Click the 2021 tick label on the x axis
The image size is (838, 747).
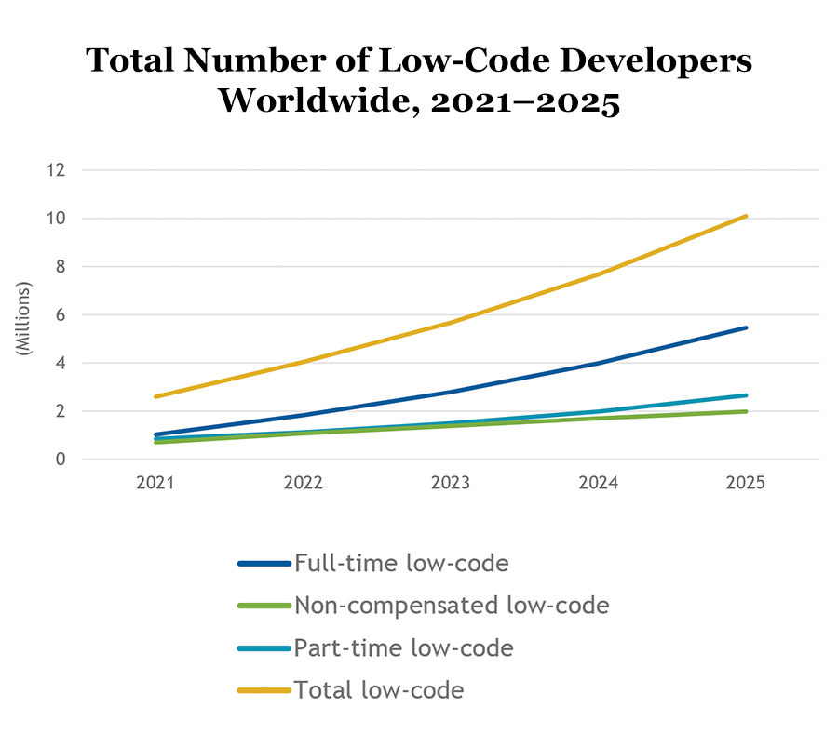[x=155, y=485]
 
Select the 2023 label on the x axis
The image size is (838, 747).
[x=451, y=485]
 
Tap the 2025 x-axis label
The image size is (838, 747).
[x=746, y=485]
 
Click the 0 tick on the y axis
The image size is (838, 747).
[x=61, y=459]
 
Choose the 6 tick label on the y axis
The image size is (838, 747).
[x=61, y=314]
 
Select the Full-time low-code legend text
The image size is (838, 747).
[x=401, y=563]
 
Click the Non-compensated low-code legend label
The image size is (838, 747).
[x=452, y=606]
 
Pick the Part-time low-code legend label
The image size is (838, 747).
[x=403, y=647]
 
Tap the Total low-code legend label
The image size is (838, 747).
[x=379, y=689]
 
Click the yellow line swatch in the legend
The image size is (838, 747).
[x=264, y=690]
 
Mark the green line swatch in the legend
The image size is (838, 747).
[x=264, y=607]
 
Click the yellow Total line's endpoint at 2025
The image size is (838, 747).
[x=746, y=216]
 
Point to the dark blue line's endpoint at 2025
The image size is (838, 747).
[x=746, y=327]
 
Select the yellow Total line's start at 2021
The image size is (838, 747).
[x=155, y=396]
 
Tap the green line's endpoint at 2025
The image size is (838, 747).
[x=746, y=411]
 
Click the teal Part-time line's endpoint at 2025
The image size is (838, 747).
[x=746, y=395]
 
